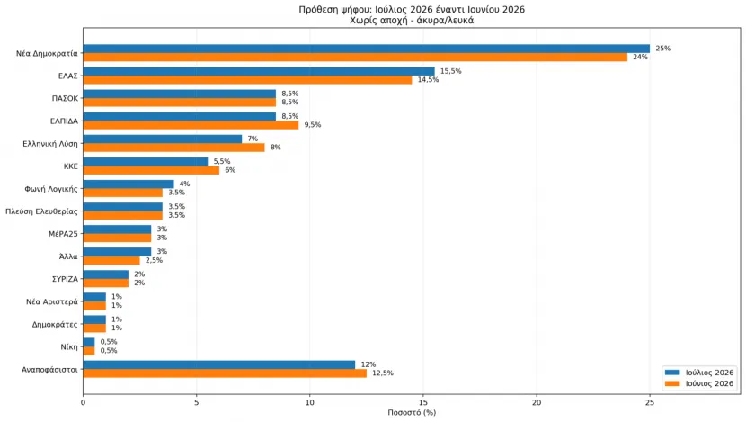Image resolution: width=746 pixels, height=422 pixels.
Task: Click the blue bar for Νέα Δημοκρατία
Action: [x=367, y=49]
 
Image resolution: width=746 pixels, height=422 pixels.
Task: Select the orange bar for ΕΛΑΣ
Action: [x=247, y=80]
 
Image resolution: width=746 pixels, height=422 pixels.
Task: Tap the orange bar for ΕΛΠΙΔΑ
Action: [x=191, y=125]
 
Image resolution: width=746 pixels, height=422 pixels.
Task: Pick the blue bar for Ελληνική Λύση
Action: [x=163, y=139]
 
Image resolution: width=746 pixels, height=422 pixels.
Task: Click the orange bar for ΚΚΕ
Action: [x=151, y=170]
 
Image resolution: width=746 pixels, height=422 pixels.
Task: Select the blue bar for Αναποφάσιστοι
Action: [x=218, y=364]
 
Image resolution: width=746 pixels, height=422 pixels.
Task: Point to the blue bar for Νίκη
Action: [x=89, y=342]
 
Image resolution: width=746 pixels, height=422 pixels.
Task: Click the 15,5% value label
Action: [x=450, y=71]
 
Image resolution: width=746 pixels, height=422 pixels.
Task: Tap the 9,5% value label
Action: [x=313, y=125]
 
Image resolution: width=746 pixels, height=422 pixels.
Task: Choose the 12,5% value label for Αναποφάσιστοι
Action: [x=383, y=373]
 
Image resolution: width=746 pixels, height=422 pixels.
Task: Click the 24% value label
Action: [x=640, y=58]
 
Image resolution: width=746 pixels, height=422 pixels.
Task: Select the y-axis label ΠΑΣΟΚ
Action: [x=65, y=99]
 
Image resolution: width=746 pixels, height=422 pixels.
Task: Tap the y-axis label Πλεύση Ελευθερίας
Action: [x=41, y=211]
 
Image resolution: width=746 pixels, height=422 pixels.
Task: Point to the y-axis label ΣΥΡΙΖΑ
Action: [x=65, y=279]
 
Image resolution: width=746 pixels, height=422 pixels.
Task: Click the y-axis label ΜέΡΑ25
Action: [x=63, y=234]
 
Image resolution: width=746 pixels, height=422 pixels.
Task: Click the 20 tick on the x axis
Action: [x=537, y=402]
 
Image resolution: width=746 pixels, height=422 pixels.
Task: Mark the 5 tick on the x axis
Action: [x=197, y=402]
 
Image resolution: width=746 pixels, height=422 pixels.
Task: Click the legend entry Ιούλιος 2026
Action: [x=699, y=373]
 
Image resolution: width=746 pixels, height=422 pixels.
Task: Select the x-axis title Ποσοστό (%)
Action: [x=412, y=412]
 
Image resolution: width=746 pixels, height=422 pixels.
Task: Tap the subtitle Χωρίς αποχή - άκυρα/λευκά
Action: [x=412, y=21]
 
